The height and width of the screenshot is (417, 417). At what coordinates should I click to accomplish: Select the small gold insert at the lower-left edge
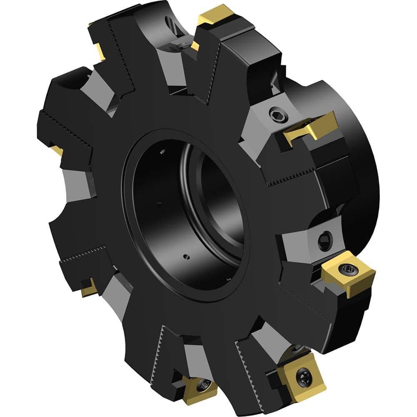89,288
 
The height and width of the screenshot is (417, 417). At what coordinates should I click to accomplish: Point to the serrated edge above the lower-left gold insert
83,254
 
